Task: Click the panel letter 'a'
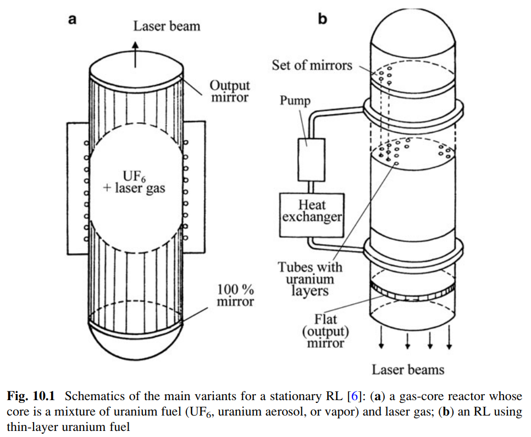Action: [72, 20]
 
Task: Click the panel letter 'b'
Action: [323, 19]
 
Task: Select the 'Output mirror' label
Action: [229, 91]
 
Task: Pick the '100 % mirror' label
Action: [235, 295]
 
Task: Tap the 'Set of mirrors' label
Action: [312, 65]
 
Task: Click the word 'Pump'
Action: [295, 101]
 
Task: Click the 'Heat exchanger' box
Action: [311, 211]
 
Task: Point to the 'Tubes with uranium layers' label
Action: [309, 279]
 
